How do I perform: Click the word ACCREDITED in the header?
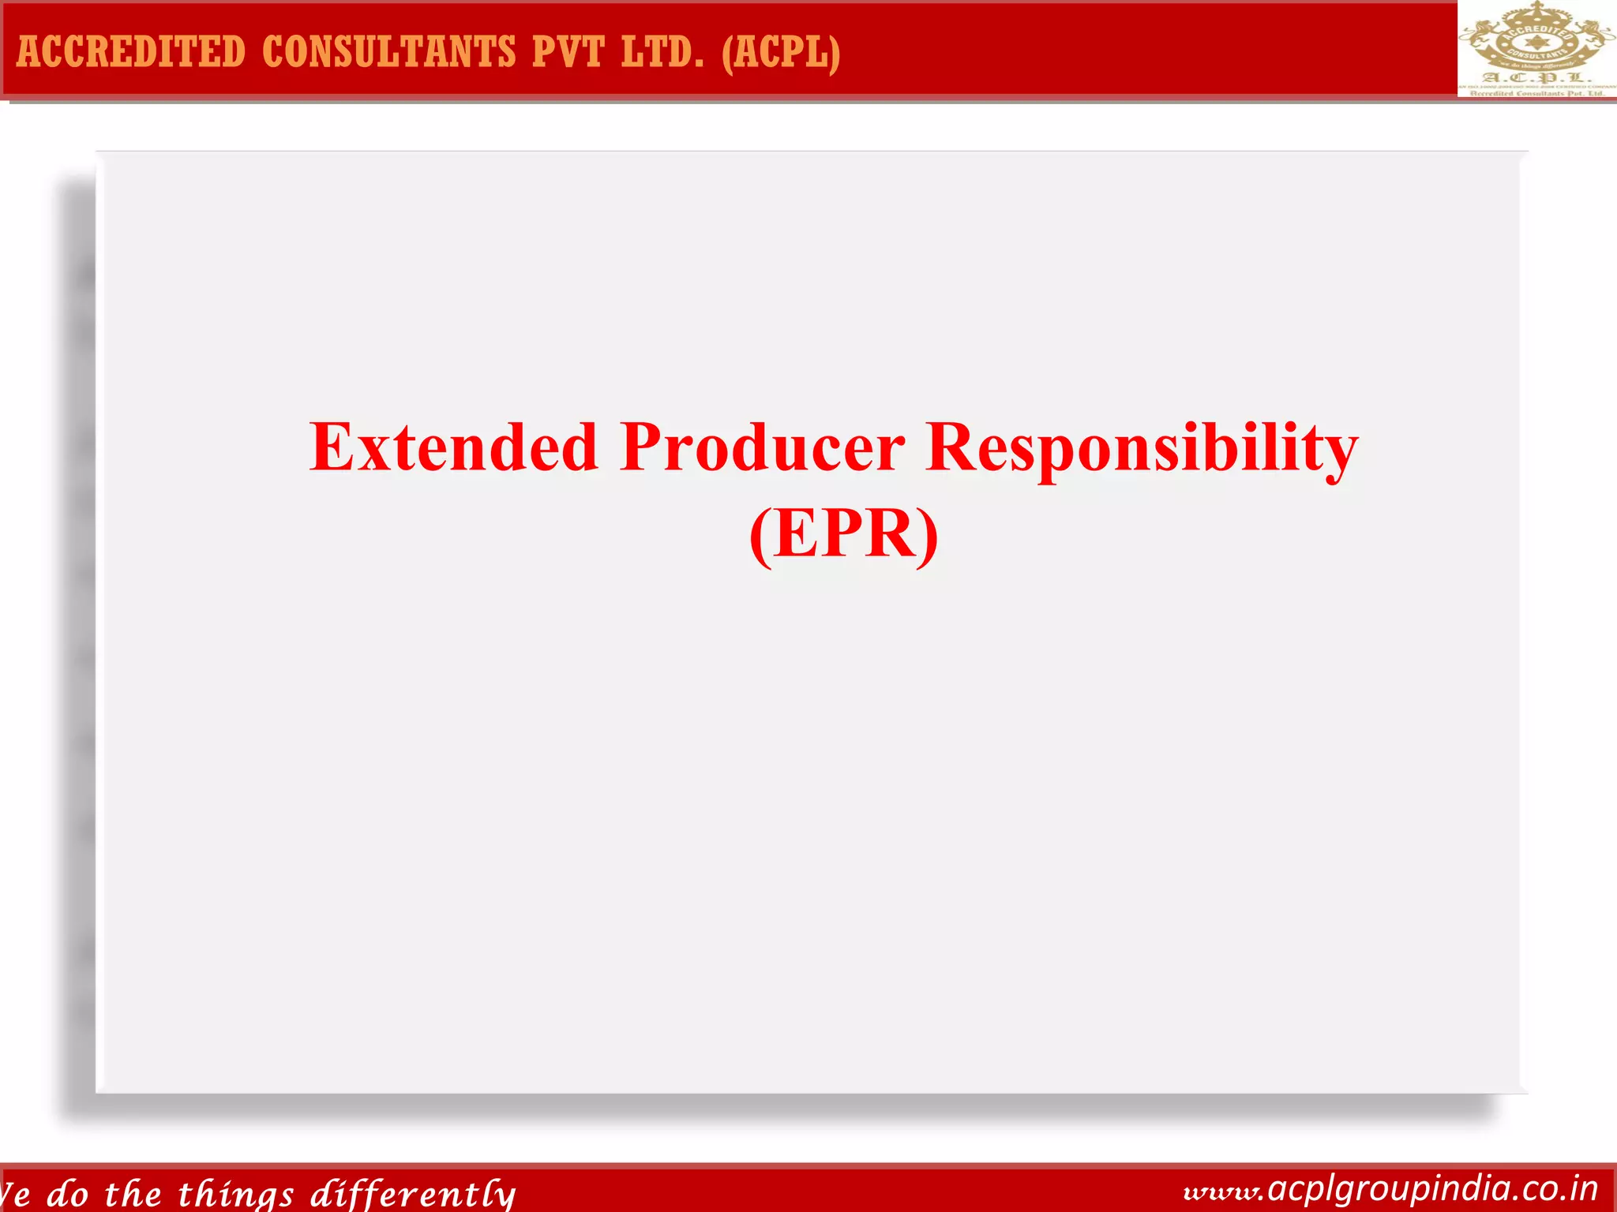tap(131, 52)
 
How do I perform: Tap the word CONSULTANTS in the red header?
tap(388, 52)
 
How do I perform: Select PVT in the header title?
tap(568, 52)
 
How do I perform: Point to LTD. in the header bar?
tap(662, 52)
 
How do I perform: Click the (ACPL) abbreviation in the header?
tap(781, 52)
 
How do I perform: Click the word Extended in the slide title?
tap(453, 447)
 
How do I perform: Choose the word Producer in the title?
tap(763, 447)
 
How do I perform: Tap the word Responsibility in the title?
tap(1142, 447)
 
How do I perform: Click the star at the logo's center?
tap(1535, 40)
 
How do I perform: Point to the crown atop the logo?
tap(1535, 9)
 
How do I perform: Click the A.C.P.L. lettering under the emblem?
tap(1535, 77)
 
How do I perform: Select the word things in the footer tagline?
tap(236, 1194)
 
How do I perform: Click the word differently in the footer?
tap(413, 1194)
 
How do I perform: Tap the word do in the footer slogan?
tap(67, 1194)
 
